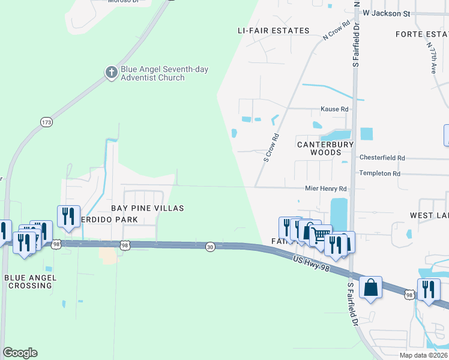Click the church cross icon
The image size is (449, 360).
click(x=111, y=73)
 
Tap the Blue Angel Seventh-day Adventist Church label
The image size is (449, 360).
click(x=164, y=73)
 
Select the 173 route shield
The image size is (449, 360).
click(x=46, y=122)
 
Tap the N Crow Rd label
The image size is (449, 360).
click(x=336, y=31)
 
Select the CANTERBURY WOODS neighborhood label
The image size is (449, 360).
click(x=326, y=148)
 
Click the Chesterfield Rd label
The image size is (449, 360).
click(x=382, y=158)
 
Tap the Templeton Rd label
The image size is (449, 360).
click(x=379, y=173)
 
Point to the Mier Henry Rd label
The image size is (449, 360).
click(x=326, y=188)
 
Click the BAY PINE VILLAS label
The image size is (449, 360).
click(x=146, y=208)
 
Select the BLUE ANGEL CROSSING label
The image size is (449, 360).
click(x=30, y=281)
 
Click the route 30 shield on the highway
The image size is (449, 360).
click(x=210, y=246)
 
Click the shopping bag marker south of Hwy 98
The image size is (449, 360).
click(x=371, y=287)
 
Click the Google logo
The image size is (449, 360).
click(x=20, y=353)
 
